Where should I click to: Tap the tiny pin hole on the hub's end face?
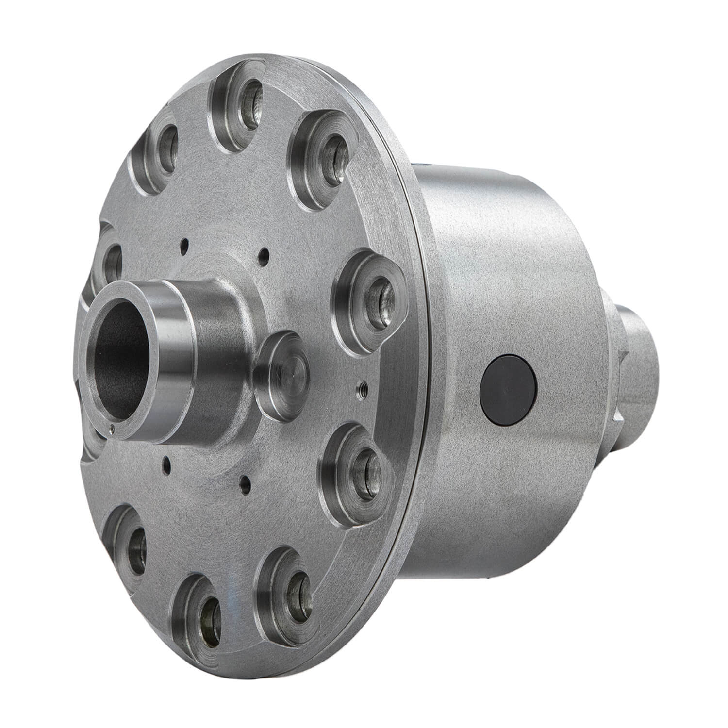[x=112, y=428]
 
